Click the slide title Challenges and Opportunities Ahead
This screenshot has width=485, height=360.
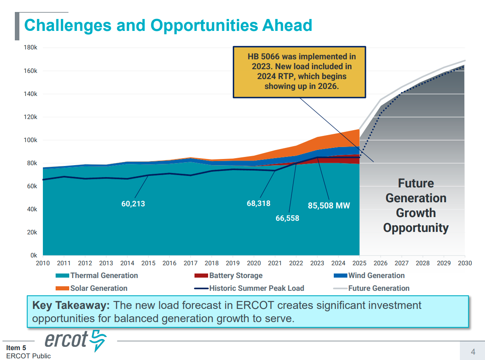168,26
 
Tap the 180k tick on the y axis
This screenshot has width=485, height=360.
31,48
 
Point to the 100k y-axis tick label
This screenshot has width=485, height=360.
31,140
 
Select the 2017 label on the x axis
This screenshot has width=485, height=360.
190,263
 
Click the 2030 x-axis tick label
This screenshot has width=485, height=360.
464,263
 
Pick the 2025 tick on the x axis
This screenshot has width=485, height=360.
359,263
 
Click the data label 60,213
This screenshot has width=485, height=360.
133,203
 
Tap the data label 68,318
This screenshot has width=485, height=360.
258,203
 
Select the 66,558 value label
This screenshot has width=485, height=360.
287,218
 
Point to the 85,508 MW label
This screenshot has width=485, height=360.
329,206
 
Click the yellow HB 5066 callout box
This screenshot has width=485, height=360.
299,72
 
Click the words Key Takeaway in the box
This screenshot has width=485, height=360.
71,306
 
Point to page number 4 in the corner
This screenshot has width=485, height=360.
473,352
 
